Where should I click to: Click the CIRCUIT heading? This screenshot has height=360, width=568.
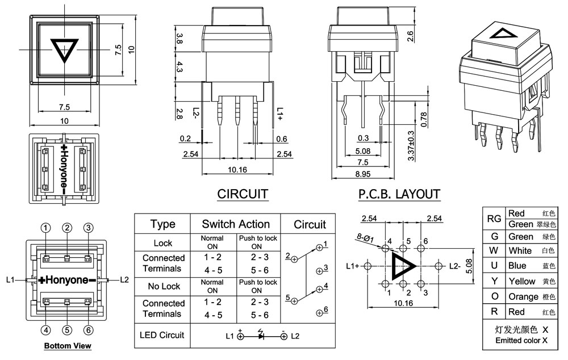(243, 194)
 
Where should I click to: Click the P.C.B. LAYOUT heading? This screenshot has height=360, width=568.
(399, 194)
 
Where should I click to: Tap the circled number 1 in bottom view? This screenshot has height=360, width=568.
(45, 228)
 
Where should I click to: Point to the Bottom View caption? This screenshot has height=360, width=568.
(68, 345)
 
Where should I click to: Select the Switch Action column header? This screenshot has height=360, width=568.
(236, 224)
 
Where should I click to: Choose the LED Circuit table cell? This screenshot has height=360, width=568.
(162, 335)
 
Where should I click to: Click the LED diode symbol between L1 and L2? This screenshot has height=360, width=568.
(261, 336)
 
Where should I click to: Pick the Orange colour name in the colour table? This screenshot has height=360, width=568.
(523, 296)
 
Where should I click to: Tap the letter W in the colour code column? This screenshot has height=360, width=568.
(494, 250)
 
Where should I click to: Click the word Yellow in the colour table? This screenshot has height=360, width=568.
(522, 281)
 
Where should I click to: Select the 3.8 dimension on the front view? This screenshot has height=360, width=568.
(179, 39)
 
